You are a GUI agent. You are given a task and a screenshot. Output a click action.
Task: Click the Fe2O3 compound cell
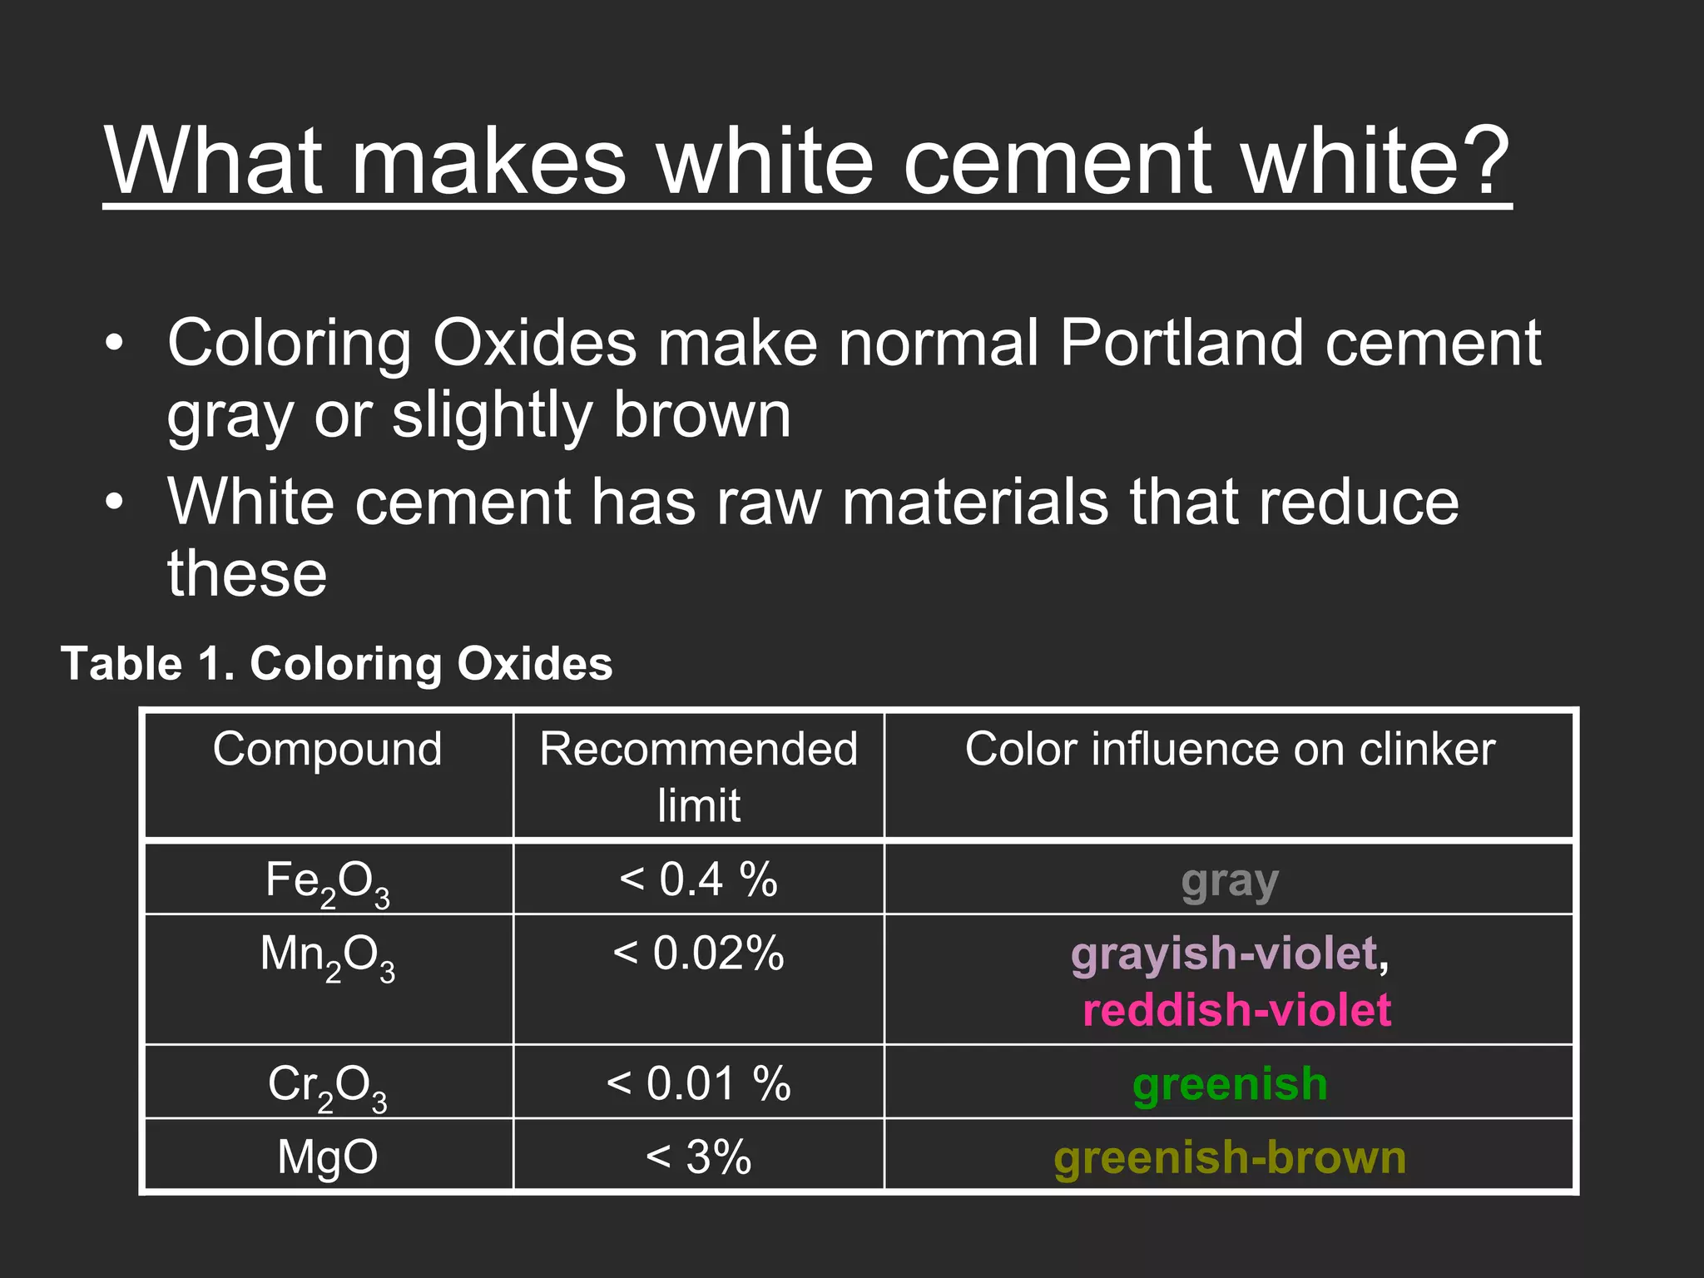click(328, 881)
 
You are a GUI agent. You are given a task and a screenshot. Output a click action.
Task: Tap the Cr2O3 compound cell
click(328, 1085)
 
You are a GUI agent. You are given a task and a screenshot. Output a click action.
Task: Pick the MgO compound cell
click(328, 1157)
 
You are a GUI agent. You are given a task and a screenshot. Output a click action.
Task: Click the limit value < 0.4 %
click(698, 879)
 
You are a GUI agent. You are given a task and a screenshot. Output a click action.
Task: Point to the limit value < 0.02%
click(698, 954)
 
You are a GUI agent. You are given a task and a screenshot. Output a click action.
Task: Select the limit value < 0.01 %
click(698, 1083)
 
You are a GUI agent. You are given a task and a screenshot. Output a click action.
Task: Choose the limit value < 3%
click(698, 1157)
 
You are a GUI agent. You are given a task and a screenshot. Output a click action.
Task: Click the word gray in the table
click(1229, 882)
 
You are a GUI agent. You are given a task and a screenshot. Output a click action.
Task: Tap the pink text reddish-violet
click(1236, 1010)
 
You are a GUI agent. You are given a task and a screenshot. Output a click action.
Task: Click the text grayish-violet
click(1223, 954)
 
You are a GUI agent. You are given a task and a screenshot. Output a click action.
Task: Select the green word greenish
click(1229, 1084)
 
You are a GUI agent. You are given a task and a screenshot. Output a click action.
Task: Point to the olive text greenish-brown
click(1229, 1157)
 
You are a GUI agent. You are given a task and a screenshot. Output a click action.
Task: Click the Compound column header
click(328, 749)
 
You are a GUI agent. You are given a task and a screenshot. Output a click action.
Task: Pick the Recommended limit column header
click(698, 775)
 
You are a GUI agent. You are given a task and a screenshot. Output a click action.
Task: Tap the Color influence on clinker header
click(1229, 749)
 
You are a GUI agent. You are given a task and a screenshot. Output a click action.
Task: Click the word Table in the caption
click(121, 664)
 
